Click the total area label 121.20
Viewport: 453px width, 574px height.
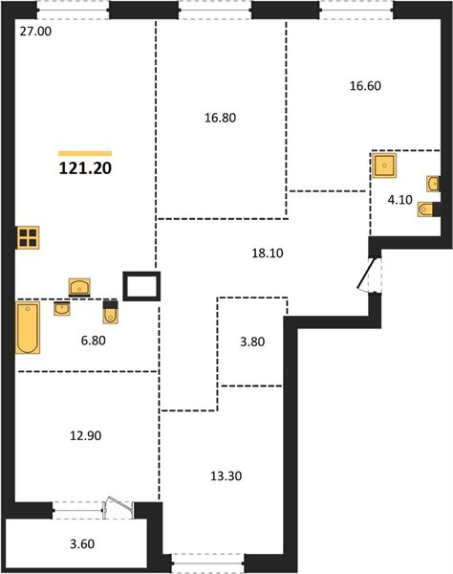tap(85, 168)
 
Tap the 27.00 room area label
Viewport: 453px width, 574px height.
tap(35, 32)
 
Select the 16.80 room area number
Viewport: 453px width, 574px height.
tap(220, 118)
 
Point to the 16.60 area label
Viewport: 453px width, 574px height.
tap(365, 86)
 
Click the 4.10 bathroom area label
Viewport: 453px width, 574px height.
tap(400, 200)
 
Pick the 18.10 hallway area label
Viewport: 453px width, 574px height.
tap(268, 253)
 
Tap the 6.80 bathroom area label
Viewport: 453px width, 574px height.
tap(94, 341)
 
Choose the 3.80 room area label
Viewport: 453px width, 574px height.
tap(252, 342)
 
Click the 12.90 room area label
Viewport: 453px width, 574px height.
tap(86, 436)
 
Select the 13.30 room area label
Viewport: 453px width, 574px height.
tap(226, 476)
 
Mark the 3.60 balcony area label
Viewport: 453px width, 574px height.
tap(82, 544)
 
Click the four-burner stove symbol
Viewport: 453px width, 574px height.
tap(28, 237)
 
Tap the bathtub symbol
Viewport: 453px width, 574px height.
tap(28, 327)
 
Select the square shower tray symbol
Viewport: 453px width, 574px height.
tap(384, 166)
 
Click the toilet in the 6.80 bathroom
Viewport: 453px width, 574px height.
tap(111, 312)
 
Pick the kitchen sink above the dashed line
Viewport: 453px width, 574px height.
tap(79, 287)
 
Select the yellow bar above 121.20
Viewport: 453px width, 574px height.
tap(85, 154)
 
